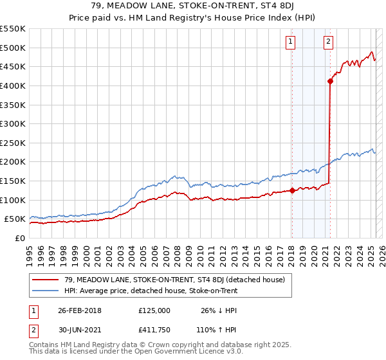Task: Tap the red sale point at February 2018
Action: (x=292, y=190)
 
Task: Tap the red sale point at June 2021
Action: (x=330, y=81)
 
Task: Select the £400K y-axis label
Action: (x=14, y=85)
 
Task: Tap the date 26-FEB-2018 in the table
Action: (x=80, y=310)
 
